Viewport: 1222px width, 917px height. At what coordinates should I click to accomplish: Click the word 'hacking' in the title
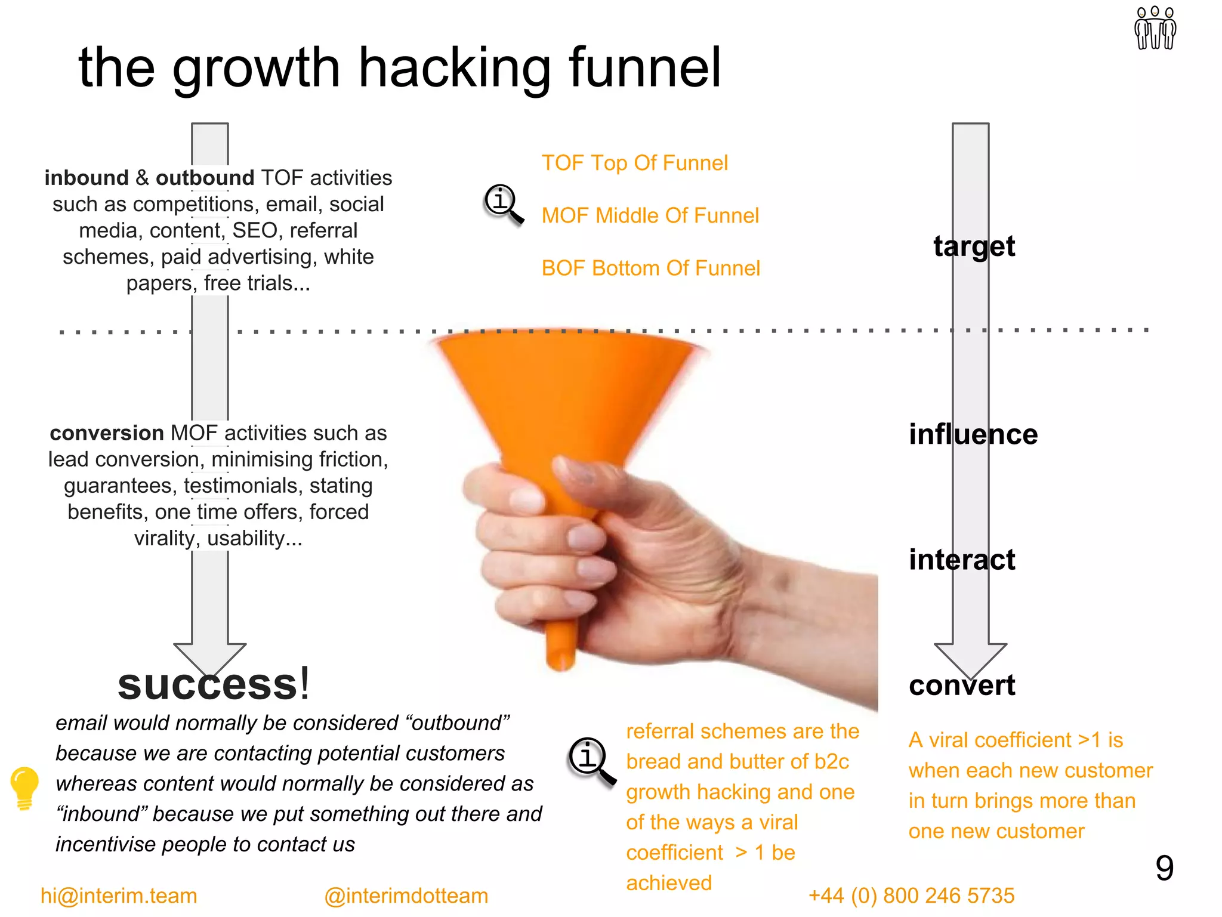[x=453, y=69]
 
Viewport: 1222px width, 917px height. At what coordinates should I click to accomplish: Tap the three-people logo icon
[x=1155, y=28]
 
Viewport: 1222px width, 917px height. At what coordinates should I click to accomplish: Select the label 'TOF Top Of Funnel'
[x=634, y=163]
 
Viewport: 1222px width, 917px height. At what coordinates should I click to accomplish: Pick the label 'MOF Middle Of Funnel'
[x=650, y=215]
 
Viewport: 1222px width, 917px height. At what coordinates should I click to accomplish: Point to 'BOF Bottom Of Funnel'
[x=650, y=268]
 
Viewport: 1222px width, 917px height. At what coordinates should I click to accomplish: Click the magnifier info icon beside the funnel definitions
[x=503, y=203]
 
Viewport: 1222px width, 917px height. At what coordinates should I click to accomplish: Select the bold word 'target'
[x=974, y=246]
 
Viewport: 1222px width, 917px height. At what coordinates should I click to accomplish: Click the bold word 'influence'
[x=973, y=434]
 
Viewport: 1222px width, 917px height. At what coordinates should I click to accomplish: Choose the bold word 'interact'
[x=961, y=560]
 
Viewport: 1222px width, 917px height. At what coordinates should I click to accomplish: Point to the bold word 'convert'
[x=961, y=685]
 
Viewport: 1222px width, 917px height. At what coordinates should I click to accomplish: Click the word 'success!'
[x=214, y=684]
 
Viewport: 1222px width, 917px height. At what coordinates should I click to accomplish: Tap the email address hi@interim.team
[x=118, y=896]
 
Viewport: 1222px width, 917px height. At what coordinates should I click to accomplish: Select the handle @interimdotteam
[x=406, y=896]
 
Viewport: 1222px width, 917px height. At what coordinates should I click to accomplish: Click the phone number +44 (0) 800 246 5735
[x=911, y=896]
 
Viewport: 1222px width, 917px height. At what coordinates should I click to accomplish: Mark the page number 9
[x=1164, y=868]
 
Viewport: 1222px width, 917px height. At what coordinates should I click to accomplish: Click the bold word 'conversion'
[x=106, y=433]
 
